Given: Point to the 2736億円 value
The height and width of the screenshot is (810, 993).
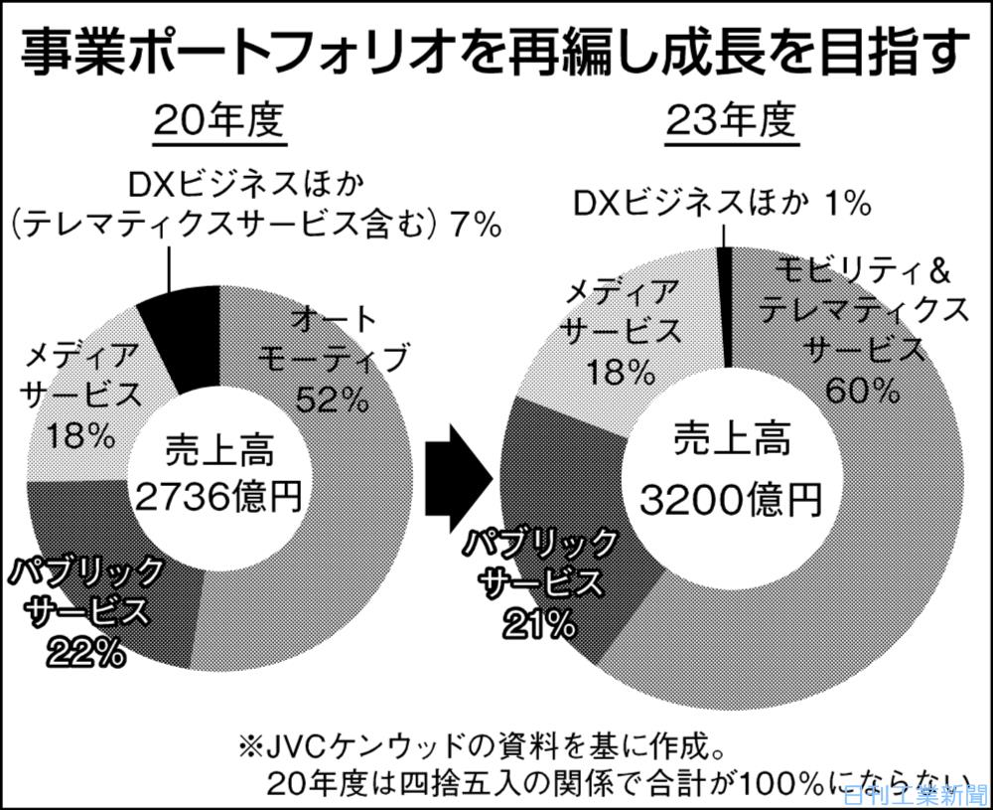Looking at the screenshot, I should (217, 494).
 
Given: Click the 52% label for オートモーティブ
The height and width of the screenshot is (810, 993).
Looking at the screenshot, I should (332, 400).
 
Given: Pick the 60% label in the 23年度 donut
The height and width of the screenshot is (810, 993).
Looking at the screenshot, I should (862, 389).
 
